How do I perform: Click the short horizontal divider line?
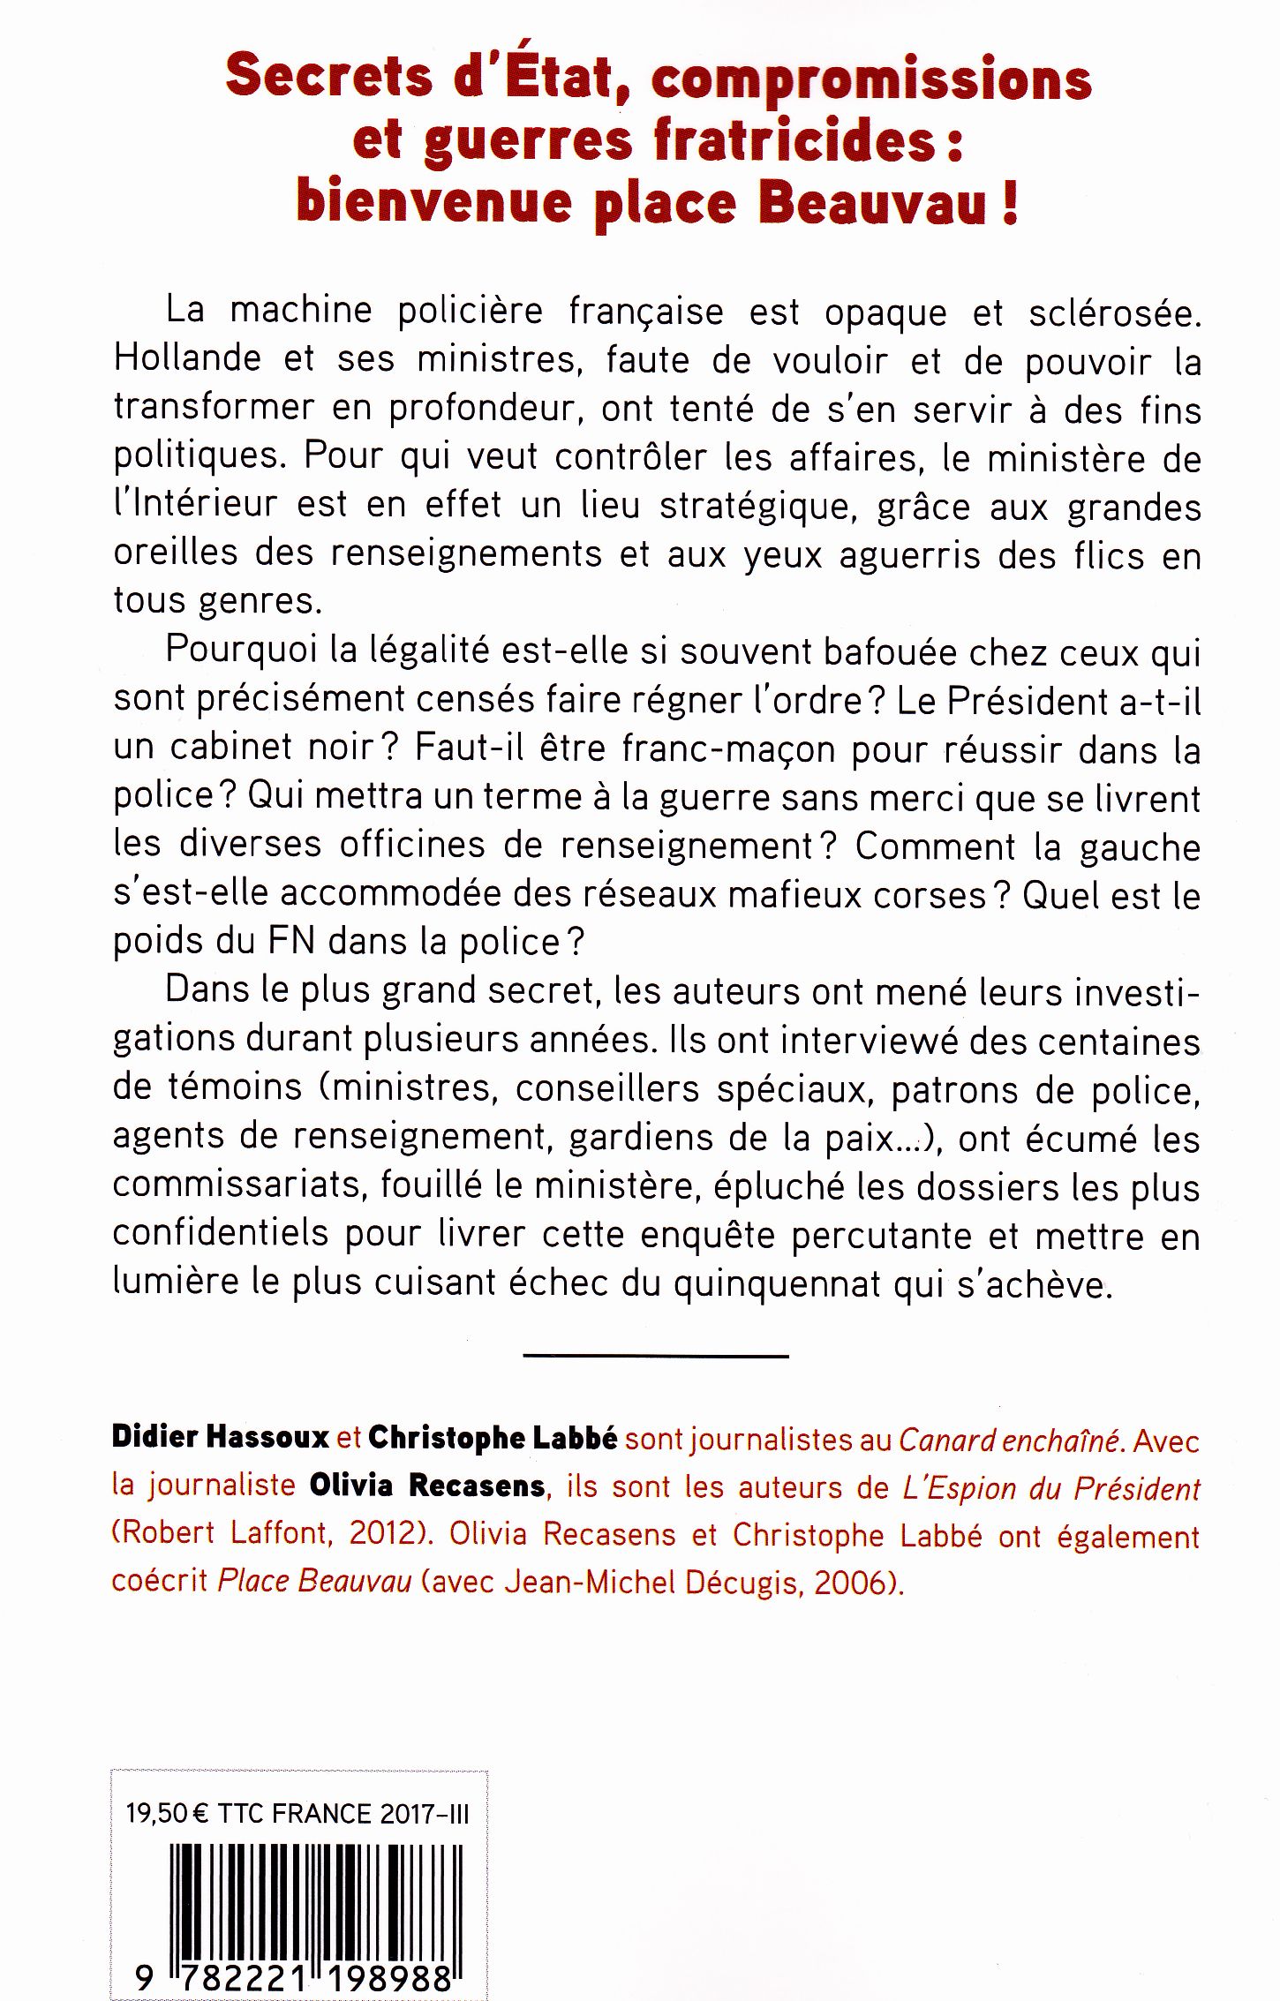click(x=655, y=1356)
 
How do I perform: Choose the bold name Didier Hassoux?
click(x=221, y=1441)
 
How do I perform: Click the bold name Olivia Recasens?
click(x=426, y=1486)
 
